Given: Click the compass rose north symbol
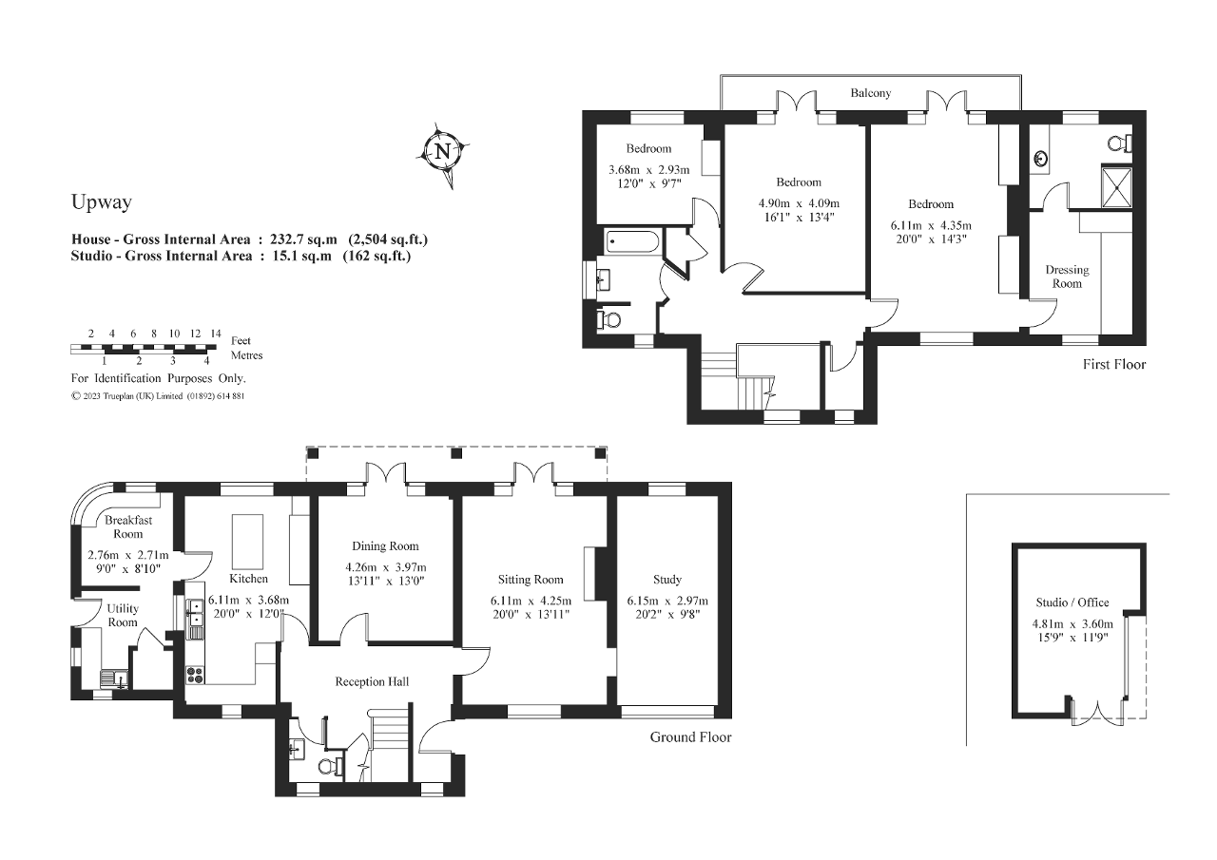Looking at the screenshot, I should click(441, 151).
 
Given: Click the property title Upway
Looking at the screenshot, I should click(101, 201).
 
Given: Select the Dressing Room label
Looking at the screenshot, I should click(1067, 277).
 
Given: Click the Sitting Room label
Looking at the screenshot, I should click(531, 579).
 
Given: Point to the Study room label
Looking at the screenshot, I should click(666, 579).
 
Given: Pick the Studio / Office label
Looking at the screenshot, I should click(1072, 602).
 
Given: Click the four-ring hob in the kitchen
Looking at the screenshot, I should click(195, 675).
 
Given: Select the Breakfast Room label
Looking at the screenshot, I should click(128, 527).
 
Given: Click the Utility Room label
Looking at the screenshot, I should click(122, 615).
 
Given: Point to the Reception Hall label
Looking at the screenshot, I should click(372, 681).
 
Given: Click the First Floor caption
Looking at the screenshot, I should click(1114, 365).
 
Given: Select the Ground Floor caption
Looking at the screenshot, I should click(690, 736).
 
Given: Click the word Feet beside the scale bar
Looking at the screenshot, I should click(241, 340).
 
